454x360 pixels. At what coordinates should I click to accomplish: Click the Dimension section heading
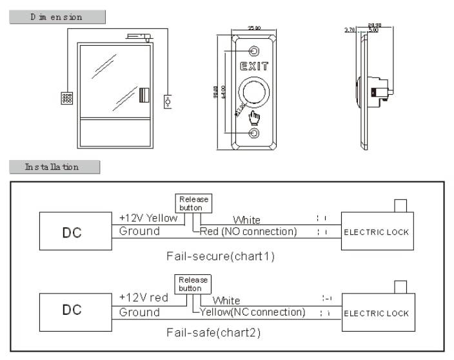(x=57, y=17)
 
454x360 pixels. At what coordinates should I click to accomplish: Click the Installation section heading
(x=54, y=167)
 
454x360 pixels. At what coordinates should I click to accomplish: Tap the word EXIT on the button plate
(x=255, y=66)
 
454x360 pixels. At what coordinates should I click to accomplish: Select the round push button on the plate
(x=254, y=92)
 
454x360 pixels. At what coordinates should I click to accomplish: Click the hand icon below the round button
(x=255, y=117)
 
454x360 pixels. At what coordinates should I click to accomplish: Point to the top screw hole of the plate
(x=255, y=50)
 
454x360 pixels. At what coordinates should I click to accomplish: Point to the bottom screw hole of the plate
(x=255, y=134)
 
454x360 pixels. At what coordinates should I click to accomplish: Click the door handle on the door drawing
(x=144, y=95)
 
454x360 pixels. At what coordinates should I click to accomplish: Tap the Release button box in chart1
(x=193, y=204)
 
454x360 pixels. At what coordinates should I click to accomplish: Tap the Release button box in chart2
(x=193, y=285)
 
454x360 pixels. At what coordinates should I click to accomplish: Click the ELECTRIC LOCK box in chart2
(x=376, y=313)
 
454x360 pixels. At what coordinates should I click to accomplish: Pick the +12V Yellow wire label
(x=148, y=218)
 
